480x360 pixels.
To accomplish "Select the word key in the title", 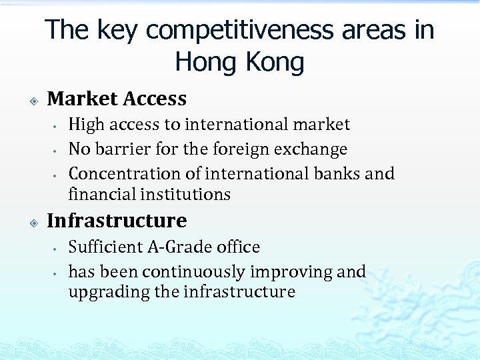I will pos(117,30).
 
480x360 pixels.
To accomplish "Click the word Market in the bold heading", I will pos(81,99).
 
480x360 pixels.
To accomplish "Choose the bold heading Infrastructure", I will pos(117,220).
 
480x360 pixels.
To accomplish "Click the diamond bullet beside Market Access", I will pos(33,100).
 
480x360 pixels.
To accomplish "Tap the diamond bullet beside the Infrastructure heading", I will pos(33,221).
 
